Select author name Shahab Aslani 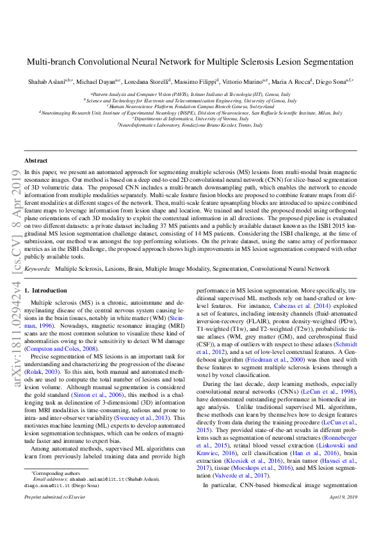coord(44,82)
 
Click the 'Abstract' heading coord(35,160)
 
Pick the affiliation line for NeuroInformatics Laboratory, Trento coord(190,125)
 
